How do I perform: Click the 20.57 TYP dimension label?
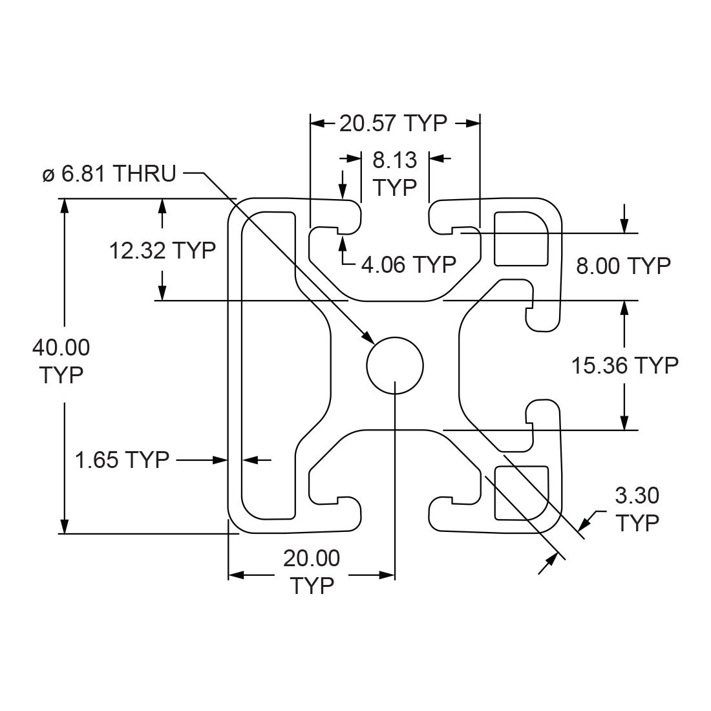point(393,123)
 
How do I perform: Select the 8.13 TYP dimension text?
point(395,173)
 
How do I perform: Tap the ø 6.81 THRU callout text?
point(109,173)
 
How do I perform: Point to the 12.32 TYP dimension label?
point(162,250)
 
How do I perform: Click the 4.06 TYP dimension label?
point(409,264)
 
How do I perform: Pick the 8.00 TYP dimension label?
point(623,265)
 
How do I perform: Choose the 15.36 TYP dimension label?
point(624,365)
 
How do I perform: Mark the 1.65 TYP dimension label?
point(122,460)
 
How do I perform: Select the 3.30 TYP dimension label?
point(637,509)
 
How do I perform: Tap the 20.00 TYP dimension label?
point(312,571)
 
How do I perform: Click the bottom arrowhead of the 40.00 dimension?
point(64,526)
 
